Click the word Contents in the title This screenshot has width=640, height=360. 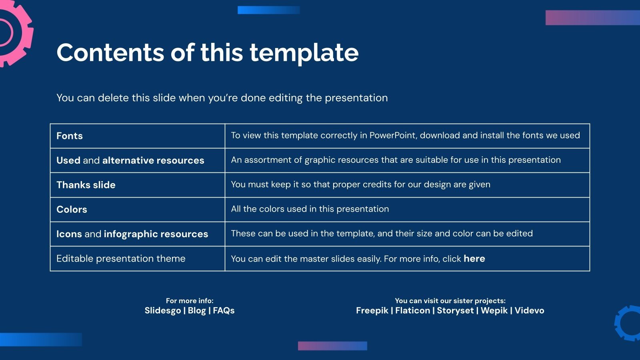110,53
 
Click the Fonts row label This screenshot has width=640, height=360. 70,136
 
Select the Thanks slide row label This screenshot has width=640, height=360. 86,185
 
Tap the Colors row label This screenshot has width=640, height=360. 72,210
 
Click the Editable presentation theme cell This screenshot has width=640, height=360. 121,259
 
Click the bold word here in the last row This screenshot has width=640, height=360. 474,259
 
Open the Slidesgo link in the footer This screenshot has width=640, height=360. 162,311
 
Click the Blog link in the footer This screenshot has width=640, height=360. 197,311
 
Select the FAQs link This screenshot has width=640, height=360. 224,311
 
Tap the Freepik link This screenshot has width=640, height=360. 372,311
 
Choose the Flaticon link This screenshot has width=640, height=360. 412,311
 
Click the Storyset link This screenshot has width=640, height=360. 455,311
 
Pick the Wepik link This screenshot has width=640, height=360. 494,311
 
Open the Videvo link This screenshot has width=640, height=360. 529,311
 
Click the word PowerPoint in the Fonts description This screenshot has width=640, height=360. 392,136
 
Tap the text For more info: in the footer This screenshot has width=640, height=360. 190,301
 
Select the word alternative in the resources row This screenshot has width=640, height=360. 128,160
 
